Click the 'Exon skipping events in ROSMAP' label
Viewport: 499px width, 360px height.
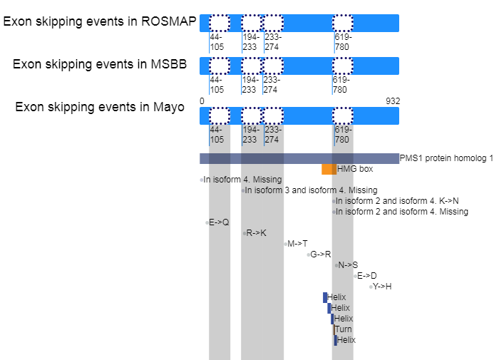tap(100, 21)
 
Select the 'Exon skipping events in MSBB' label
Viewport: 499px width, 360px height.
tap(100, 65)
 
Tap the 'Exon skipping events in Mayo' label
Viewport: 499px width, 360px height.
tap(100, 108)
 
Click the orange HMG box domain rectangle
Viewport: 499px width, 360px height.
tap(329, 169)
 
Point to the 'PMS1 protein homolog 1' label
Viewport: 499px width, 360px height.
tap(446, 158)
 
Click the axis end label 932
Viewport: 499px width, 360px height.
tap(393, 101)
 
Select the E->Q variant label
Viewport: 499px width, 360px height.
tap(219, 222)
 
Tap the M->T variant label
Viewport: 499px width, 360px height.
tap(297, 244)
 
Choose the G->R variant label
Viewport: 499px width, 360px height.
tap(320, 254)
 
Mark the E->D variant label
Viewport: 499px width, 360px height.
tap(367, 276)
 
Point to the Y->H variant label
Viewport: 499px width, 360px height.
tap(382, 287)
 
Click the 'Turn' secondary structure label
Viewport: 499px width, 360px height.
tap(343, 329)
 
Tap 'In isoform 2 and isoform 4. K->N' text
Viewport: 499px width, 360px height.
tap(397, 201)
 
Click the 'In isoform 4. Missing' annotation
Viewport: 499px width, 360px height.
tap(242, 180)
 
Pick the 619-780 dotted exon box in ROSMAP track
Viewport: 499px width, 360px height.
tap(343, 23)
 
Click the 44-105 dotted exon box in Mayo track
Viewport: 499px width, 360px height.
tap(220, 115)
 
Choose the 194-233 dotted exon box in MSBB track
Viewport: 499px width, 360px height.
tap(251, 66)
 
